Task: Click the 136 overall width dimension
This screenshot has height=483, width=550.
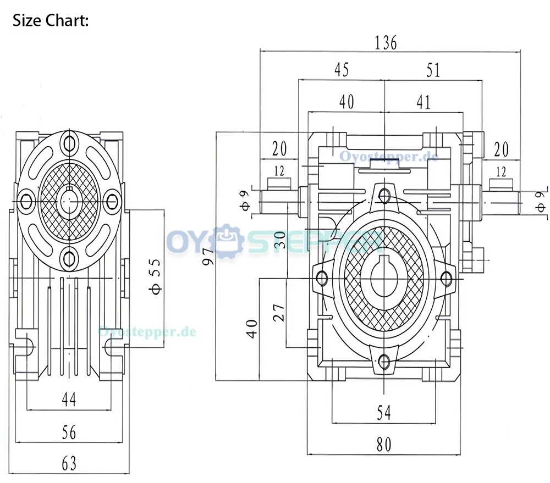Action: click(386, 43)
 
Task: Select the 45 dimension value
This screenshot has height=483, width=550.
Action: click(342, 69)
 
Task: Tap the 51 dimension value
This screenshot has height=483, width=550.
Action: click(433, 70)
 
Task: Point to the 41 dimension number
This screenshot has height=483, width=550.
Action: click(424, 102)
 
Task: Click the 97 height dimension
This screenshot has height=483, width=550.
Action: click(208, 257)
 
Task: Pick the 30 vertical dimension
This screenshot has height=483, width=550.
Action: click(279, 240)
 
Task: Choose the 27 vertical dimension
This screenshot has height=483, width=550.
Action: click(279, 313)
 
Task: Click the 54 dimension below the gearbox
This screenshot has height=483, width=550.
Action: click(384, 413)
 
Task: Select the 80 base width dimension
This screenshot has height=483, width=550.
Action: click(384, 445)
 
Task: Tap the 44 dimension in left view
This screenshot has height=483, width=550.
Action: click(69, 399)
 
